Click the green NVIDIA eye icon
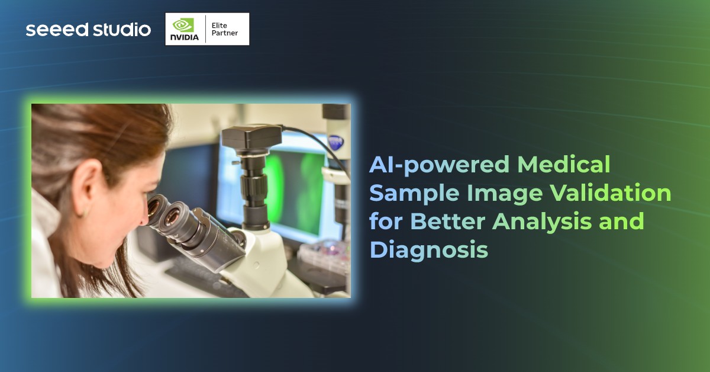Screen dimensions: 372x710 click(x=183, y=24)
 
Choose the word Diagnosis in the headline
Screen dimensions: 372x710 click(x=429, y=250)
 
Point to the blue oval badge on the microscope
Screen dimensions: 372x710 click(x=335, y=142)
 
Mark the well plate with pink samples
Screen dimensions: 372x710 click(x=324, y=252)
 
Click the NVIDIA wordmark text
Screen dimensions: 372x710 click(x=184, y=37)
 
